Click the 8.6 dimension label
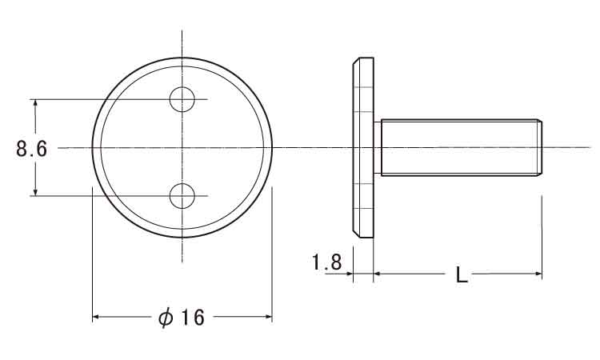32,149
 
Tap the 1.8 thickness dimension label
326,262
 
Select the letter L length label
462,274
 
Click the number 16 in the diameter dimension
192,317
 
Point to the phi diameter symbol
166,317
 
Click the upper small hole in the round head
182,99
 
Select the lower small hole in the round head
182,196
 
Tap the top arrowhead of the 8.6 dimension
35,104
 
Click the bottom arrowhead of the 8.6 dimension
35,191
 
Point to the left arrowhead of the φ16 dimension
97,317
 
